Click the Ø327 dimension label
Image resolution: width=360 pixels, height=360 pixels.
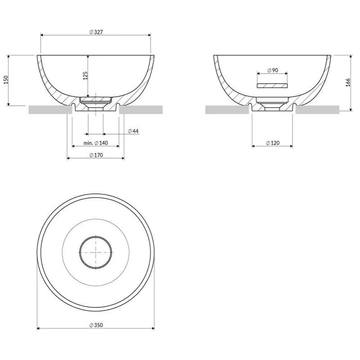pos(96,32)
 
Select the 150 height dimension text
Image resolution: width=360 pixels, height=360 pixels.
pos(6,80)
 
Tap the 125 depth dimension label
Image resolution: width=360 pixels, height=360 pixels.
pos(85,76)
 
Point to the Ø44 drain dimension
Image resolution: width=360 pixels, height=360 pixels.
pos(133,131)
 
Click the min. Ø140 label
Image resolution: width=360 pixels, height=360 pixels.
pos(96,143)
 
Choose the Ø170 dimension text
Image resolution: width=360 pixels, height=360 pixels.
pos(96,155)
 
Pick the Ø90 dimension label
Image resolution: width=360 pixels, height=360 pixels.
pos(273,70)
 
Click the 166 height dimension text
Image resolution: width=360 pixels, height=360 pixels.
pos(348,82)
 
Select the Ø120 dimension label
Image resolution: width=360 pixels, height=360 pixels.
pos(273,143)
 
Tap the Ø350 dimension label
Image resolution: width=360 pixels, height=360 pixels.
pos(96,325)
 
